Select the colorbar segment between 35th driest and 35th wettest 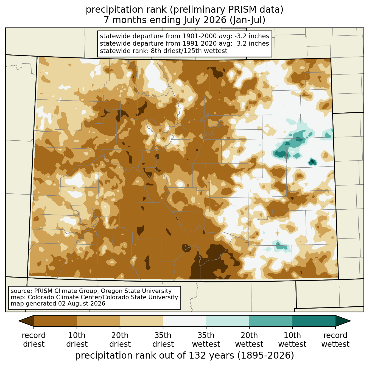pos(185,321)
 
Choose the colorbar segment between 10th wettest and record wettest pos(314,321)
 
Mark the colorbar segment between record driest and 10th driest pos(55,321)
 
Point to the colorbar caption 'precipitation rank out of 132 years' pos(155,355)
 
